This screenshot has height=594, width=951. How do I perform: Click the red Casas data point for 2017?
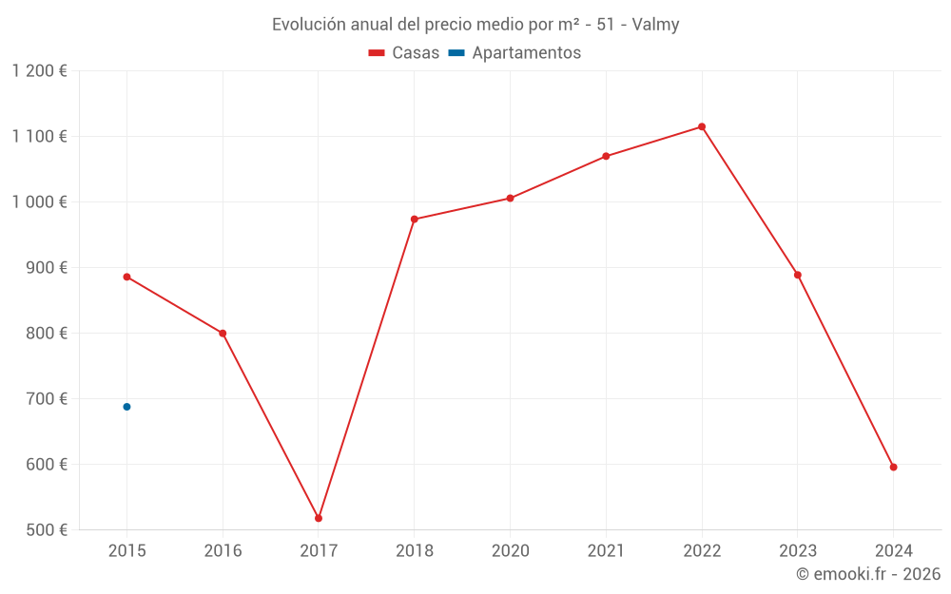319,518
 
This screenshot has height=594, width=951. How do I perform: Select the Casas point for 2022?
702,126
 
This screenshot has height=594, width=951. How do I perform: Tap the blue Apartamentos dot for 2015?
126,407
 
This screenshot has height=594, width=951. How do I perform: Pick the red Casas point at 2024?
893,467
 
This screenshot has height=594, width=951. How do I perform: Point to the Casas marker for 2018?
414,219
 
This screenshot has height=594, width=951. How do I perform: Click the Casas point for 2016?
223,334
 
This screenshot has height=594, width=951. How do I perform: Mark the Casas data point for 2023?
797,275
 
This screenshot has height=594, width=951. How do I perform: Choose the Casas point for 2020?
510,198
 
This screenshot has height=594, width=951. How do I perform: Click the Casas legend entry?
404,53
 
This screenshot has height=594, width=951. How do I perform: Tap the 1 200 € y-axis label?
39,71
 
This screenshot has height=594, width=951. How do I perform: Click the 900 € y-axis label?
45,268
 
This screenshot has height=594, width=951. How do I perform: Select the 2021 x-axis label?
606,550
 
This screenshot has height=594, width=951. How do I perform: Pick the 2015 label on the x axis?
127,550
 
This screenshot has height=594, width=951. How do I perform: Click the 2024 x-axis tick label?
893,550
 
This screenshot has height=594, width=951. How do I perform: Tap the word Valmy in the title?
655,25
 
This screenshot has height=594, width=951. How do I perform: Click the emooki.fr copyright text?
868,574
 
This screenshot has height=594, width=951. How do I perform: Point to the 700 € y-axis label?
45,399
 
